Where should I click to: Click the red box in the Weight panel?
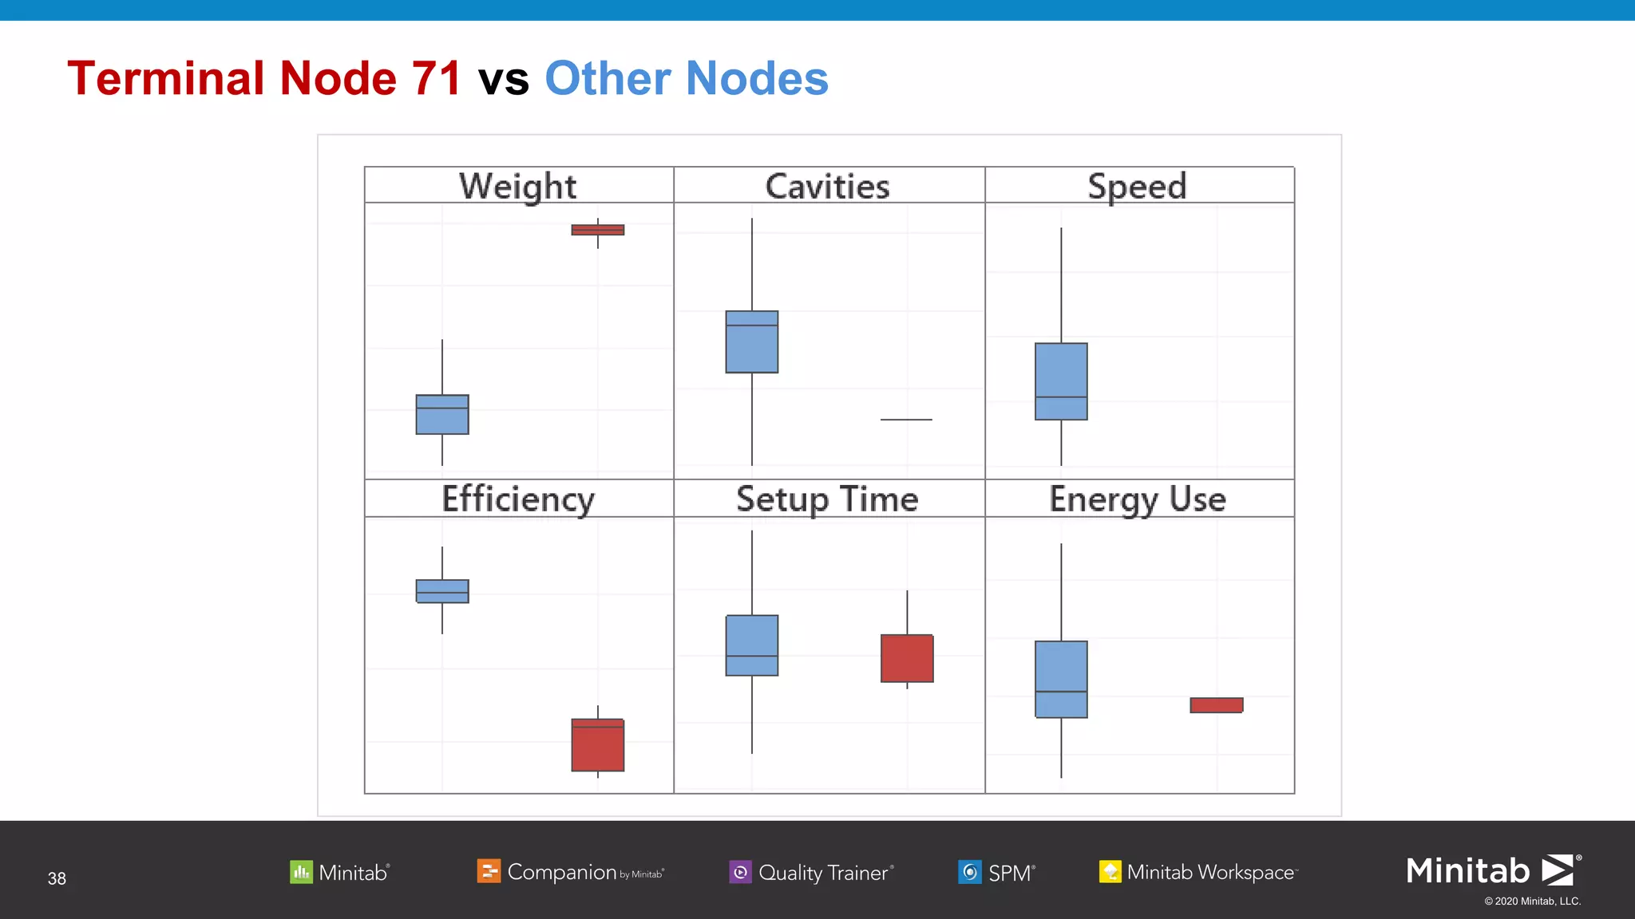(597, 230)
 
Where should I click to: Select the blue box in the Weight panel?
(442, 414)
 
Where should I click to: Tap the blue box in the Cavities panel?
(751, 341)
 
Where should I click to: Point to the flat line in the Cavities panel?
(906, 420)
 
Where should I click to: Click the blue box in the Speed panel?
(1061, 381)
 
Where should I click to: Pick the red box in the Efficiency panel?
(597, 745)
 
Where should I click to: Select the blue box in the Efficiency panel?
(442, 591)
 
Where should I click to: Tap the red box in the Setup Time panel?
(907, 658)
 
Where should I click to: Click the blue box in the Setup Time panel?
(751, 645)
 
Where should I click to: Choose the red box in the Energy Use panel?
(1216, 705)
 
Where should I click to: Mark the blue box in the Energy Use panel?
(1061, 679)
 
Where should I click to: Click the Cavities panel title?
(827, 186)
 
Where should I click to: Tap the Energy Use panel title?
(1137, 499)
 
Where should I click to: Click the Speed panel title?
(1137, 186)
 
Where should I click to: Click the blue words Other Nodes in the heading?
(686, 78)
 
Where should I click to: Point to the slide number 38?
(57, 878)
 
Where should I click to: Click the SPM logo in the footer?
(996, 872)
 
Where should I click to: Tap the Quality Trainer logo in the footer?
(811, 872)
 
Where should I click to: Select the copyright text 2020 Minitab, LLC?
(1532, 901)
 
